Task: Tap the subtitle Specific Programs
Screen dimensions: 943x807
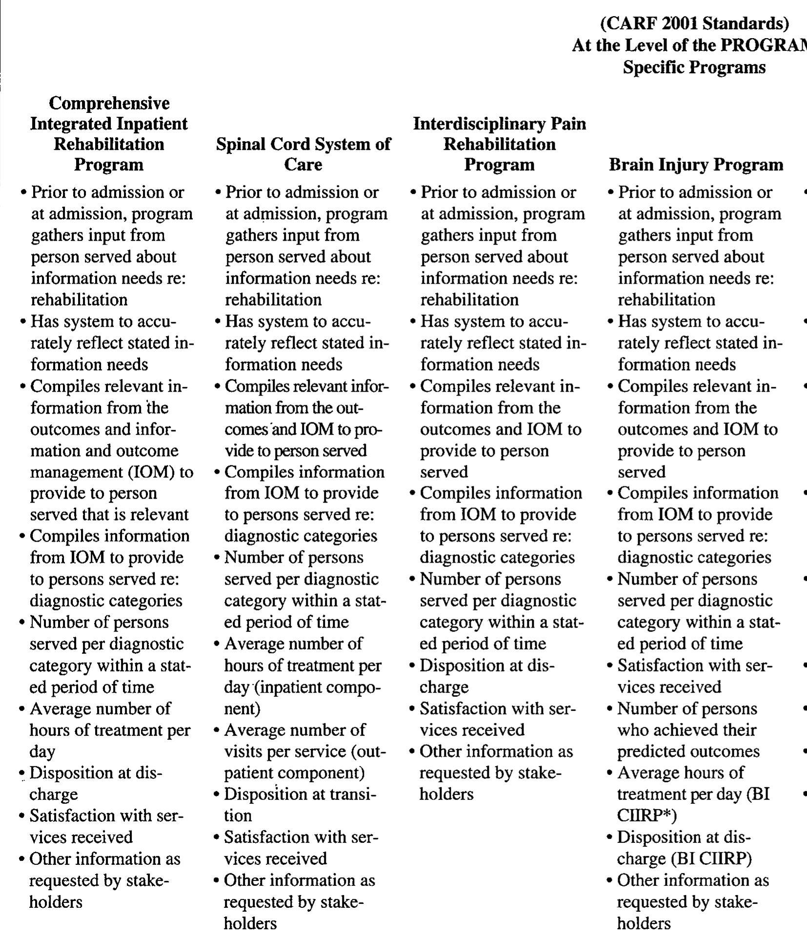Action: [x=694, y=67]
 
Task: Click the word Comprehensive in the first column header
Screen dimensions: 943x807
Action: [x=109, y=103]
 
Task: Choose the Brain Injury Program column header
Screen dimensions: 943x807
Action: [x=696, y=165]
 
